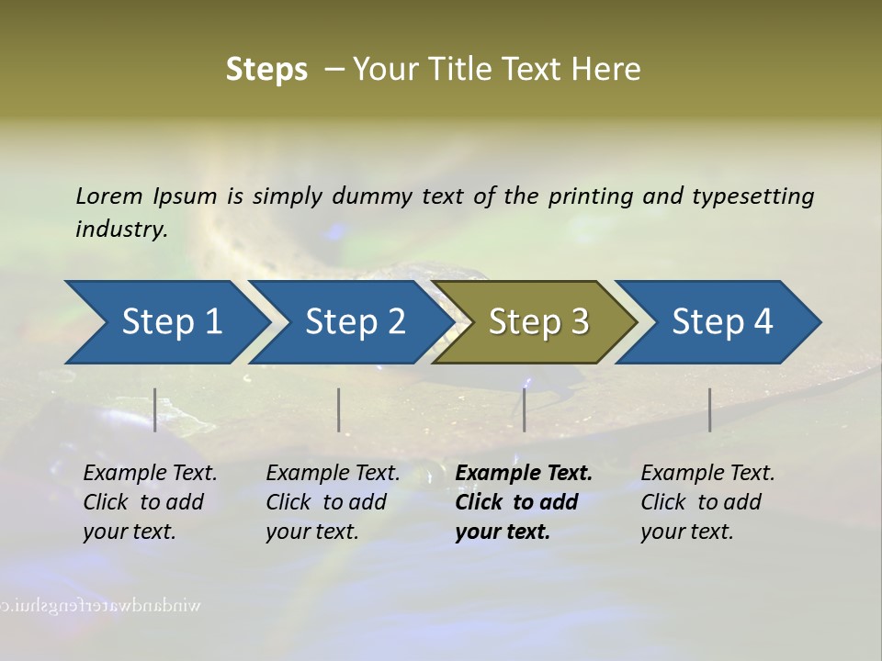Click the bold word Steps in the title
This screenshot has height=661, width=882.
[x=266, y=69]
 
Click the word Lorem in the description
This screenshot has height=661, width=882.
[x=109, y=196]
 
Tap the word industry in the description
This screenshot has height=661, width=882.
[x=121, y=229]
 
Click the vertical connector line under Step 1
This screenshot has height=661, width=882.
[x=154, y=409]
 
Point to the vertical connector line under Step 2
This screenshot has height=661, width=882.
[x=338, y=409]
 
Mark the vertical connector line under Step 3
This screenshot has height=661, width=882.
[x=524, y=409]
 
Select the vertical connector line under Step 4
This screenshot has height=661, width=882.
[x=709, y=409]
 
